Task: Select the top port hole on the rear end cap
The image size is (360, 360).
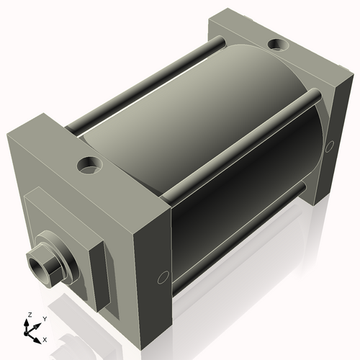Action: point(276,46)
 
